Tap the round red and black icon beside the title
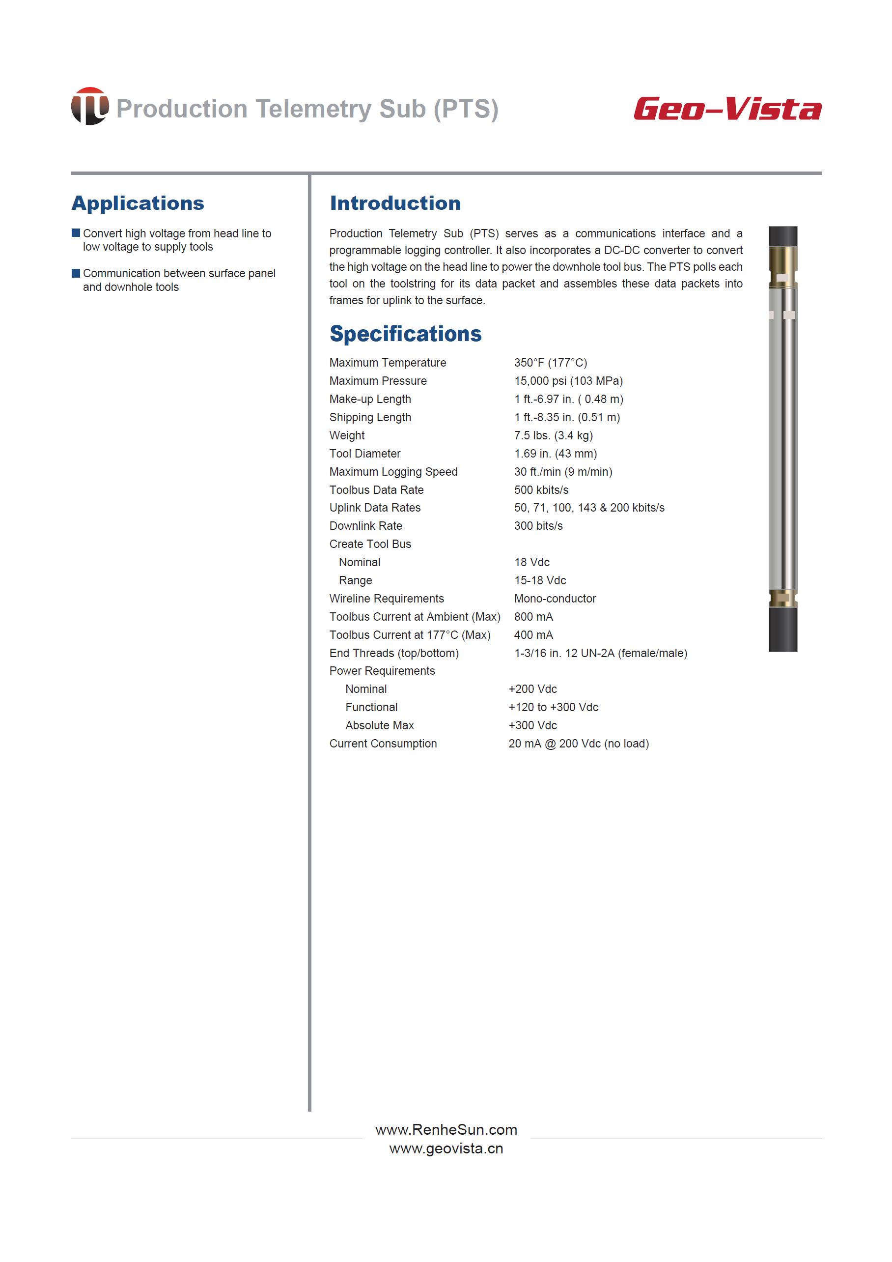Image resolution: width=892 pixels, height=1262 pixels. coord(89,106)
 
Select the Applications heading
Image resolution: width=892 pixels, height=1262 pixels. coord(138,203)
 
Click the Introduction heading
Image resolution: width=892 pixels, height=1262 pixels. coord(395,203)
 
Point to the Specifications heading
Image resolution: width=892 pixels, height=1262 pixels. coord(405,334)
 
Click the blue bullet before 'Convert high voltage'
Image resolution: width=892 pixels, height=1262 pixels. coord(76,233)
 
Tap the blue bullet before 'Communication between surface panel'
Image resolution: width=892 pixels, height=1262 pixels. coord(76,273)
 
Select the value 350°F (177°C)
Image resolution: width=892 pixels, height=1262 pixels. coord(550,363)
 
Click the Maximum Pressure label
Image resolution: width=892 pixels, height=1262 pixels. coord(378,381)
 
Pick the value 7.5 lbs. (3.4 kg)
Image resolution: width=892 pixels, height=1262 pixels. coord(553,435)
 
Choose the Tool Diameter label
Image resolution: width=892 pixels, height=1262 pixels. coord(365,454)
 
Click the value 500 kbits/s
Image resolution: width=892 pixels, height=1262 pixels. coord(541,490)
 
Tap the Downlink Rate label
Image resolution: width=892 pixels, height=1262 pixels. coord(366,526)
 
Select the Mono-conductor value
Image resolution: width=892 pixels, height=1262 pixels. coord(555,599)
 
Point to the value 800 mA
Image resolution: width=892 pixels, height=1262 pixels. coord(533,617)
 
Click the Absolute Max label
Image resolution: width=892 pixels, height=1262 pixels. coord(380,725)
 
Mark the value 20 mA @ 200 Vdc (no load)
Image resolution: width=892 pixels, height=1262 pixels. coord(578,744)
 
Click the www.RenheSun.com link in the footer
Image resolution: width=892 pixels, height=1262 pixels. coord(446,1129)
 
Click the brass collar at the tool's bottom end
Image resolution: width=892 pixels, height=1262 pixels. coord(782,598)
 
